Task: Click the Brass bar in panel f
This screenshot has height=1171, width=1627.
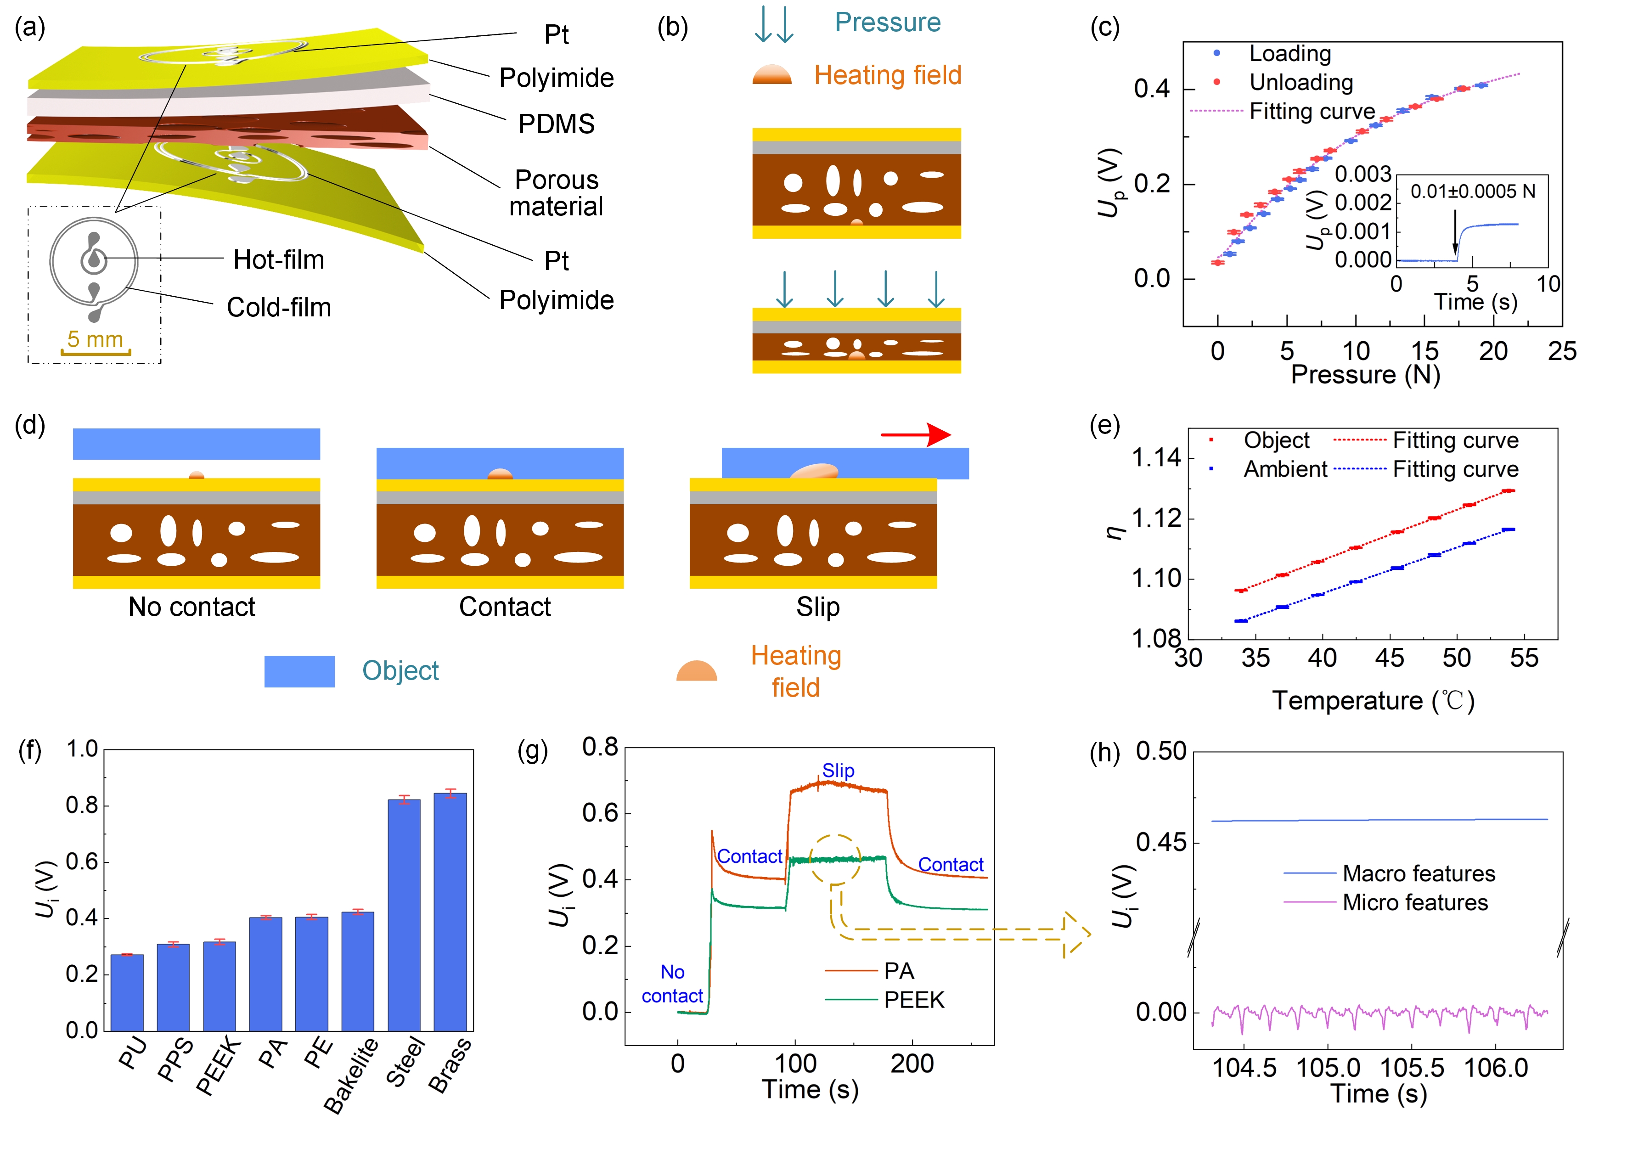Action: click(x=450, y=911)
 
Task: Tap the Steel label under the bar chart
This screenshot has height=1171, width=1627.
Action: click(x=406, y=1062)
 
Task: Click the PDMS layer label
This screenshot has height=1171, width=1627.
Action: click(x=557, y=124)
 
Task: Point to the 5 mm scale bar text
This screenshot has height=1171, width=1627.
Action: click(x=96, y=339)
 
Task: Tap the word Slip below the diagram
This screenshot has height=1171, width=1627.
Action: click(x=818, y=607)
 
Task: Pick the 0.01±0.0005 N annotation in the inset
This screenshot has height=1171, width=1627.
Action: click(x=1473, y=191)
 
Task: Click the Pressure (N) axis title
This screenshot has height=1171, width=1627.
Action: click(x=1365, y=375)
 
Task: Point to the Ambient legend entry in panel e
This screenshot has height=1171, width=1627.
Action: click(x=1285, y=469)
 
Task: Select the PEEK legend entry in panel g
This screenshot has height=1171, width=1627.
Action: click(x=914, y=1000)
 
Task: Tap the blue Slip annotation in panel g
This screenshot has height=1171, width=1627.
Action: click(x=838, y=771)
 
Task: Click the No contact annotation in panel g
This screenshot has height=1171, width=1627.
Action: click(x=672, y=984)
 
